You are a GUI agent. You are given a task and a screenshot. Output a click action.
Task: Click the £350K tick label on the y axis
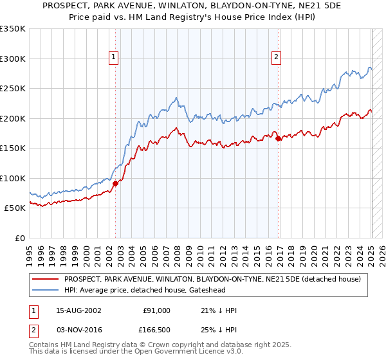coord(12,29)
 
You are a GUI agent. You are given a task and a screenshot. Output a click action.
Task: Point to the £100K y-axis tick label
coord(12,178)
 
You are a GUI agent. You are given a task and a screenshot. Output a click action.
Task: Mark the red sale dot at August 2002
coord(116,183)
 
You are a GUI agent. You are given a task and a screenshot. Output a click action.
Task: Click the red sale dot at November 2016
coord(278,138)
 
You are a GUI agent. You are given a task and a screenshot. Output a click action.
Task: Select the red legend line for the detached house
coord(46,279)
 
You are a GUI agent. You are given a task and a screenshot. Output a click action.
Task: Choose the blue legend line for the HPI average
coord(46,291)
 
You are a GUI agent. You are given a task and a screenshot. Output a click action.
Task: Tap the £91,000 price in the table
coord(157,310)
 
